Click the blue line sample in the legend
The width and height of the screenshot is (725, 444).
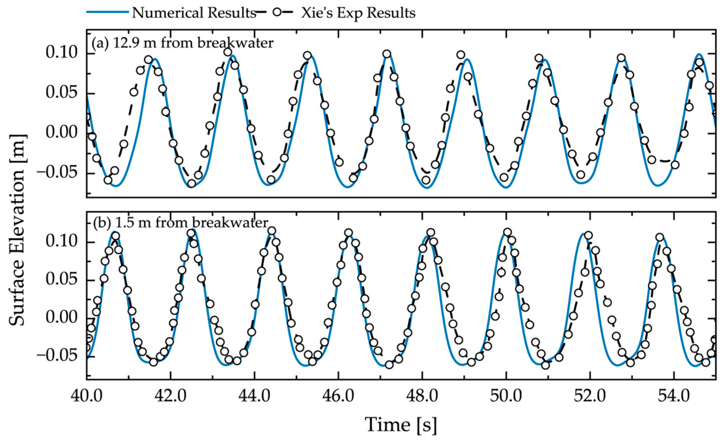coord(107,12)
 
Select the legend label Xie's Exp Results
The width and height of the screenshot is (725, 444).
coord(358,13)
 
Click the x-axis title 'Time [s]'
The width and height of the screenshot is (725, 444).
coord(401,425)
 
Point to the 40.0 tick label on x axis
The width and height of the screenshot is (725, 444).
coord(86,396)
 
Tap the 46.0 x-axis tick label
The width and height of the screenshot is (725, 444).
coord(338,396)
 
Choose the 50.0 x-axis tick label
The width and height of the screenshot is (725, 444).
coord(506,396)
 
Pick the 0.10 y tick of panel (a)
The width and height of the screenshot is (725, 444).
coord(62,53)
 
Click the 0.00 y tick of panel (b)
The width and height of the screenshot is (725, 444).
coord(62,318)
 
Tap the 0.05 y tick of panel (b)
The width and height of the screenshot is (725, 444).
coord(62,280)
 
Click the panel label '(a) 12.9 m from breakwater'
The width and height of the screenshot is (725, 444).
coord(182,43)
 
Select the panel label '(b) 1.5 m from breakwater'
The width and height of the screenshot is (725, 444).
coord(181,223)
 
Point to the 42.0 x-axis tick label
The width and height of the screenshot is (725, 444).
coord(170,396)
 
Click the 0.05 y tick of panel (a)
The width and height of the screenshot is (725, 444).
coord(62,93)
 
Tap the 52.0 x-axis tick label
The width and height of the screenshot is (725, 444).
coord(590,396)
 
